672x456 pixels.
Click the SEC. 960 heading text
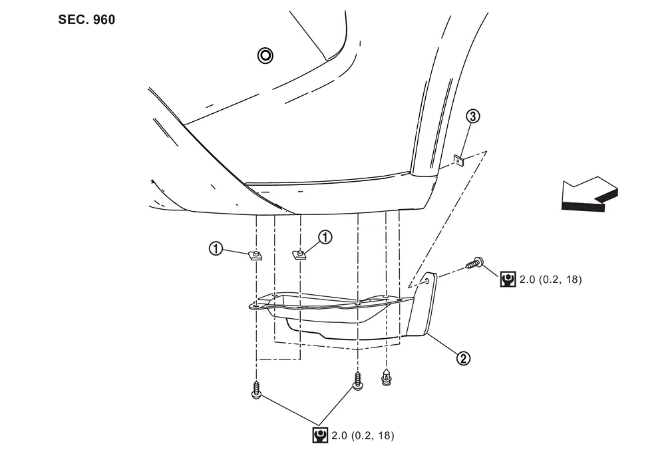[x=86, y=20]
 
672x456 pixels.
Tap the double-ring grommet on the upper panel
[x=265, y=55]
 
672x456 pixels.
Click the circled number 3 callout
[x=472, y=116]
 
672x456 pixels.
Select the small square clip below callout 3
[x=459, y=161]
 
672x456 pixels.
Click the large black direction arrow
[x=589, y=194]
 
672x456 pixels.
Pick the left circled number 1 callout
[x=216, y=248]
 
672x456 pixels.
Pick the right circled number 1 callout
[x=325, y=237]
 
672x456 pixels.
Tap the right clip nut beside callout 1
[x=299, y=255]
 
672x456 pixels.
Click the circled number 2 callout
[x=463, y=357]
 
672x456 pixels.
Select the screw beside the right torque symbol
[x=475, y=262]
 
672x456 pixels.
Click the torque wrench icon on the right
[x=508, y=280]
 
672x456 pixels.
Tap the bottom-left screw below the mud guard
[x=256, y=389]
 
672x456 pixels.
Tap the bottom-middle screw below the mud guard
[x=358, y=381]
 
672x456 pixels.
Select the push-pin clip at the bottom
[x=387, y=376]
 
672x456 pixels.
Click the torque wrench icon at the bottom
[x=320, y=435]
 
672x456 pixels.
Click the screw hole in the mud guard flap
[x=427, y=281]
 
